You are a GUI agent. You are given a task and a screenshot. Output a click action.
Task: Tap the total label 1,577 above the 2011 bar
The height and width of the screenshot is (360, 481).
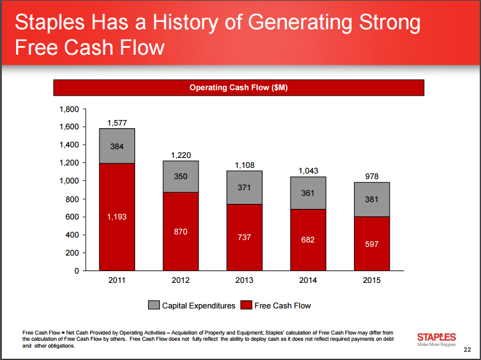[117, 123]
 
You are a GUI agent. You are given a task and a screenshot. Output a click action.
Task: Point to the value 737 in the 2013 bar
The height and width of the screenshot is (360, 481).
[245, 237]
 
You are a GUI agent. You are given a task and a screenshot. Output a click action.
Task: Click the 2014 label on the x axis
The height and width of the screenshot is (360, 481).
[308, 280]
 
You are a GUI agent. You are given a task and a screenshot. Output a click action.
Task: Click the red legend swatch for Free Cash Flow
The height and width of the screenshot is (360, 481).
[245, 305]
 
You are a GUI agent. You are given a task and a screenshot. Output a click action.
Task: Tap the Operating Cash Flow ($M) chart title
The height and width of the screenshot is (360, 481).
[238, 88]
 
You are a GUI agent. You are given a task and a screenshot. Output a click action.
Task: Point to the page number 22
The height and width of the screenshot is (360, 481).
[467, 349]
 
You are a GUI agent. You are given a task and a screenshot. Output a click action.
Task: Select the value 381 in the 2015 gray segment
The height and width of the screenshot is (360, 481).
[371, 200]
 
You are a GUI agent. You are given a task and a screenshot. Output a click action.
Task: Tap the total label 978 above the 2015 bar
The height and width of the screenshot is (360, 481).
[371, 177]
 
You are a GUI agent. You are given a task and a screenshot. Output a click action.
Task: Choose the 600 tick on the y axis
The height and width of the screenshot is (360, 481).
[72, 217]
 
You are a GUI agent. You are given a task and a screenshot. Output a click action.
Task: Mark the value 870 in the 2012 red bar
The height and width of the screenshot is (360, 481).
[180, 231]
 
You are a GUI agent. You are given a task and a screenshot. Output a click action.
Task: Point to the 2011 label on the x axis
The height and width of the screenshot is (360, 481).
[117, 280]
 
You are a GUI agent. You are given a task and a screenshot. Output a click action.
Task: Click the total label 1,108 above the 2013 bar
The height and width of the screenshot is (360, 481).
[245, 165]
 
